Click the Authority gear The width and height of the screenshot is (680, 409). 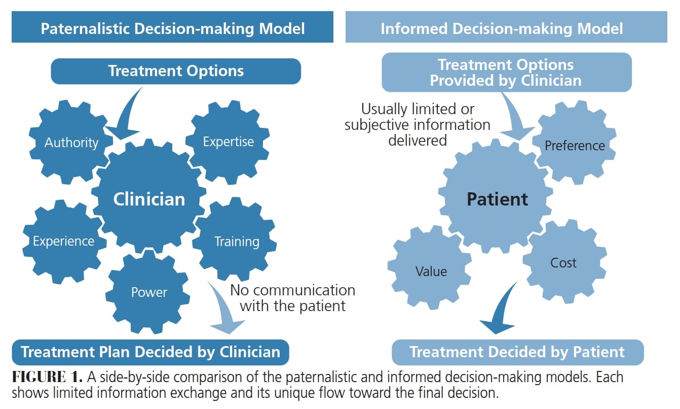coord(71,143)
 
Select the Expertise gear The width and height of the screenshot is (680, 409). coord(228,142)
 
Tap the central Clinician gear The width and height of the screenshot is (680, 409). coord(148,199)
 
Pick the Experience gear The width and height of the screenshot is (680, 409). coord(63,241)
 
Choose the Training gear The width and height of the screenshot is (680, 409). coord(236,241)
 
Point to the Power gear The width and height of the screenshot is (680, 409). coord(148,292)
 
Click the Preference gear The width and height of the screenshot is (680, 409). coord(575,146)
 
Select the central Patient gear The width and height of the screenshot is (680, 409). coord(497,199)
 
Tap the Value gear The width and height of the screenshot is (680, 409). coord(431,271)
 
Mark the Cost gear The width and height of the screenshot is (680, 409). coord(563,262)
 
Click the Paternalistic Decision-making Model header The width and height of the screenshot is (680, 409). coord(172,28)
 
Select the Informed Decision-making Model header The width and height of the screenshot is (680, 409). coord(502,28)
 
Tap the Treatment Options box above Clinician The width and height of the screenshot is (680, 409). coord(176,71)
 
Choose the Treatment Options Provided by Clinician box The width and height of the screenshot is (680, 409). coord(506,72)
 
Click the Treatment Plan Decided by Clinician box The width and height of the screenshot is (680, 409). coord(150,352)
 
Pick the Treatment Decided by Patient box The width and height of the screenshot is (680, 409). coord(517,352)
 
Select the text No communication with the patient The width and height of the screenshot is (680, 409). coord(292,298)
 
